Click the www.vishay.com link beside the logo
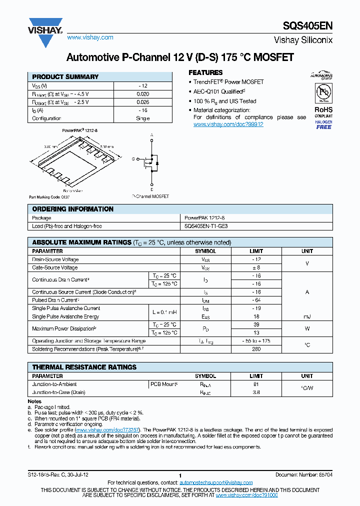[x=90, y=37]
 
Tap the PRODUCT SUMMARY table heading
[x=65, y=77]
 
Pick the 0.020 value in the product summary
[x=142, y=94]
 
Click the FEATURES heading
[x=205, y=72]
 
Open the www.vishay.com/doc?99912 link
[x=228, y=124]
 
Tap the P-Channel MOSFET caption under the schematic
[x=150, y=196]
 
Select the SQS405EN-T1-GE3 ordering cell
[x=206, y=226]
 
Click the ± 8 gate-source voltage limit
[x=256, y=267]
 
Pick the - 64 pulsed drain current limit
[x=256, y=300]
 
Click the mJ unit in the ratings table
[x=307, y=316]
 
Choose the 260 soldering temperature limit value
[x=256, y=348]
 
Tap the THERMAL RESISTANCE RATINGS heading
[x=84, y=367]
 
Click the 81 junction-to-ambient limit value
[x=256, y=384]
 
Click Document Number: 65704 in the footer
[x=303, y=474]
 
